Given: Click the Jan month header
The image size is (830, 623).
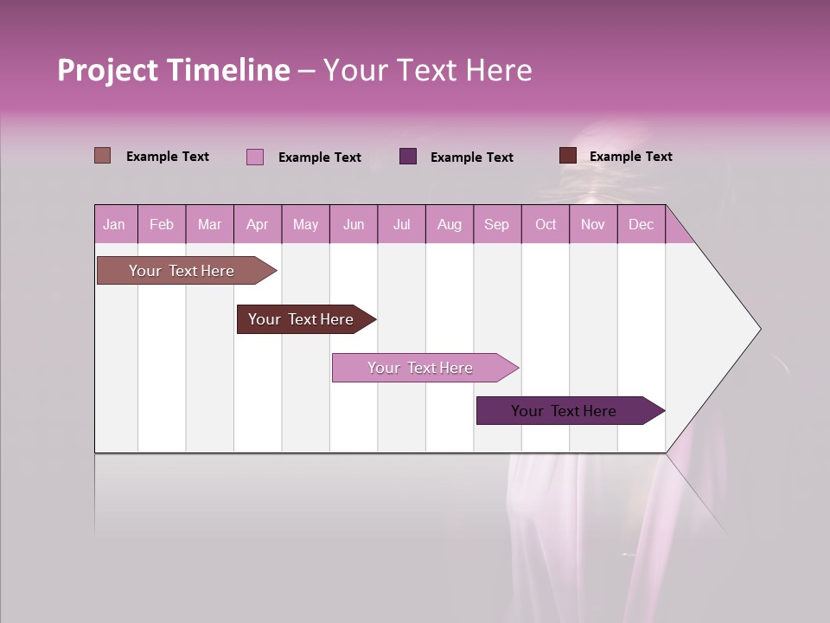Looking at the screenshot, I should click(114, 225).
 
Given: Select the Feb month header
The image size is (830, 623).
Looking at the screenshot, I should click(162, 225).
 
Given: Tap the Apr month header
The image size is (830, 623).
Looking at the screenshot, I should click(257, 225).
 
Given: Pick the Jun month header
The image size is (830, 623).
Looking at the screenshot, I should click(354, 225).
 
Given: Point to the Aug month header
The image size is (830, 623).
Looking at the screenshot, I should click(449, 225).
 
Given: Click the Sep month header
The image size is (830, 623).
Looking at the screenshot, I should click(496, 225).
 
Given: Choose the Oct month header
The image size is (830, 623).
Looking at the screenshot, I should click(546, 225).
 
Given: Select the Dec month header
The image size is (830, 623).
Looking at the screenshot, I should click(641, 225).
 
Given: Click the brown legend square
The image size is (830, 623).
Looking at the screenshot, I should click(102, 156).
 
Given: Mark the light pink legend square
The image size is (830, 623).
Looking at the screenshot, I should click(255, 157).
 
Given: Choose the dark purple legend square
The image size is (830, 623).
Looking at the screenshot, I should click(408, 157).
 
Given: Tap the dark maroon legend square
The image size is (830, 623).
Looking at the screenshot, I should click(568, 156).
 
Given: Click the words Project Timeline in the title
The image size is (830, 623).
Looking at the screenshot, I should click(174, 70).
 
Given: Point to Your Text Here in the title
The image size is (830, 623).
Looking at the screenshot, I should click(427, 70).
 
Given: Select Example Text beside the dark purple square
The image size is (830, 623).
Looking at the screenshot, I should click(471, 157).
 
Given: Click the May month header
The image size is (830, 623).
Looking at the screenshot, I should click(305, 225).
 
